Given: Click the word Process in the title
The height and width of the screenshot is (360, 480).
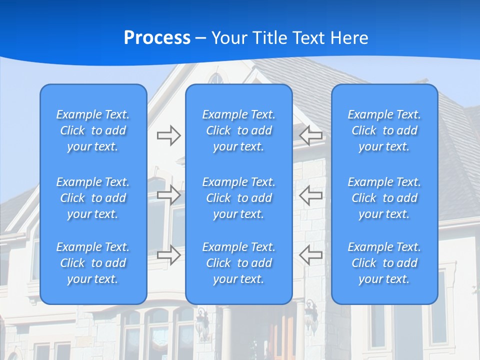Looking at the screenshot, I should tap(157, 38).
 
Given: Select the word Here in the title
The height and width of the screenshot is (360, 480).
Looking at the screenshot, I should tap(349, 38).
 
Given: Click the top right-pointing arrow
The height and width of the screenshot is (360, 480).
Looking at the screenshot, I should tap(168, 135).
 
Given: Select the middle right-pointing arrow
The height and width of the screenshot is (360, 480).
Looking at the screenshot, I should tap(168, 195).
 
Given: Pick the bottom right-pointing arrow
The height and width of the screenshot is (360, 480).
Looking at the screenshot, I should tap(168, 255).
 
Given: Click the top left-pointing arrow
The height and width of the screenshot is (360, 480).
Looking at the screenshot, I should tap(310, 135).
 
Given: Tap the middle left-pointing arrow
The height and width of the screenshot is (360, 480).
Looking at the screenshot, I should tap(310, 195).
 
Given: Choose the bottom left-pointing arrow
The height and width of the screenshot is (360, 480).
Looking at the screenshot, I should tap(310, 255).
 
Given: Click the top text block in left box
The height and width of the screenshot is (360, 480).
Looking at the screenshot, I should tap(93, 130).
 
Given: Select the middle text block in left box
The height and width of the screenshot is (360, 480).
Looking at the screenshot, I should tap(93, 198).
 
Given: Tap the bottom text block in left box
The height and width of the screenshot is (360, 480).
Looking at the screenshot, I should tap(93, 263).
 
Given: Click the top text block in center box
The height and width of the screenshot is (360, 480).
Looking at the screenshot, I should tap(238, 130).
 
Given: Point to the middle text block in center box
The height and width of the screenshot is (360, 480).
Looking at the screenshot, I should tap(238, 198).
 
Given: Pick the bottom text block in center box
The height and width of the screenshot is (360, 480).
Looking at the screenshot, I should tap(238, 263).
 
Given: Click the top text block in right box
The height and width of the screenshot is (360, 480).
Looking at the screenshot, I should tap(384, 130).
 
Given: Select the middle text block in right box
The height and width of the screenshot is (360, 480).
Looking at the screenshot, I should tap(384, 198).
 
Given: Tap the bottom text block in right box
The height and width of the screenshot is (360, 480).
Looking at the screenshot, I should tap(384, 263).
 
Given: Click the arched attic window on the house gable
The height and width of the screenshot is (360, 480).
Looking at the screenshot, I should tap(216, 78).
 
